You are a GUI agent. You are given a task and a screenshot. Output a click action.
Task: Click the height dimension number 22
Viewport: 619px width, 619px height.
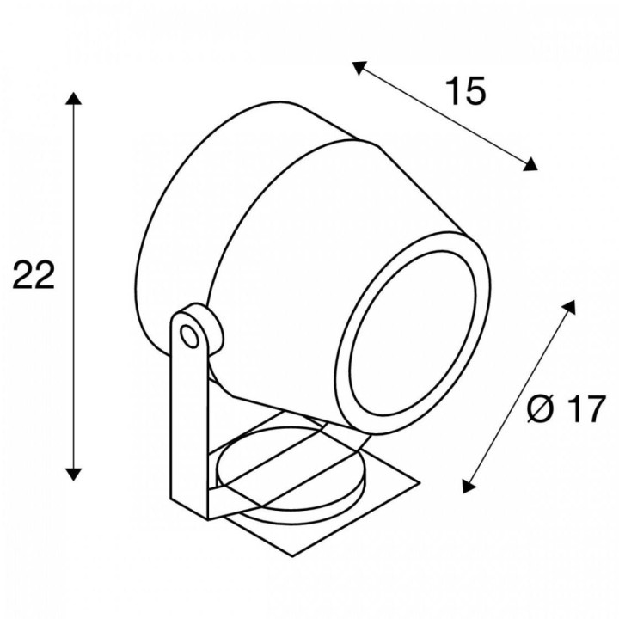[x=34, y=274]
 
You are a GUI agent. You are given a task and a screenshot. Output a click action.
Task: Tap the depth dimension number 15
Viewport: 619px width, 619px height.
[x=466, y=91]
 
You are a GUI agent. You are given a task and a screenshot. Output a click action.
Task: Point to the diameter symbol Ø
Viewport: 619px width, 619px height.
[x=539, y=409]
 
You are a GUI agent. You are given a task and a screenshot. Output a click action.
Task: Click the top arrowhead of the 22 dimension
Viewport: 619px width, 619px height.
[x=73, y=98]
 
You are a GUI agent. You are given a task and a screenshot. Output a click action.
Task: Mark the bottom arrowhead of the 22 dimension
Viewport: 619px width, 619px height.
[x=73, y=474]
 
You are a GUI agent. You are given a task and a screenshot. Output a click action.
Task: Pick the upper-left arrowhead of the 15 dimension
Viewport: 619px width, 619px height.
[x=359, y=68]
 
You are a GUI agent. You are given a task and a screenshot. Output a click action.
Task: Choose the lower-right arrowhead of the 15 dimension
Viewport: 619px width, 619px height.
[x=530, y=164]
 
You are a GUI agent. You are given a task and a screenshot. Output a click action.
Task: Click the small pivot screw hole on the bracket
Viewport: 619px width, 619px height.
[x=189, y=336]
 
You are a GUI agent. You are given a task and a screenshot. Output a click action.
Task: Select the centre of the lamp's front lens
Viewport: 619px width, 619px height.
[x=412, y=333]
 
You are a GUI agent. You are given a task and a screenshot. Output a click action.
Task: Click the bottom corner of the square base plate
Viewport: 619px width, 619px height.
[x=292, y=556]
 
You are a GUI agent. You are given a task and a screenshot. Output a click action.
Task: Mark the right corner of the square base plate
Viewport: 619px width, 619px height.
[x=420, y=482]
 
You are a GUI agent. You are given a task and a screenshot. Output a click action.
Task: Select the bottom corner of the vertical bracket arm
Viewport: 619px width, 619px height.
[x=208, y=519]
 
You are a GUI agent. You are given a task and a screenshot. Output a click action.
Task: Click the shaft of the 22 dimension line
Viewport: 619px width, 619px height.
[x=73, y=286]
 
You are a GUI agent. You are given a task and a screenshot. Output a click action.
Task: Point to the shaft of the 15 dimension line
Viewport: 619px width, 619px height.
[x=444, y=116]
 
